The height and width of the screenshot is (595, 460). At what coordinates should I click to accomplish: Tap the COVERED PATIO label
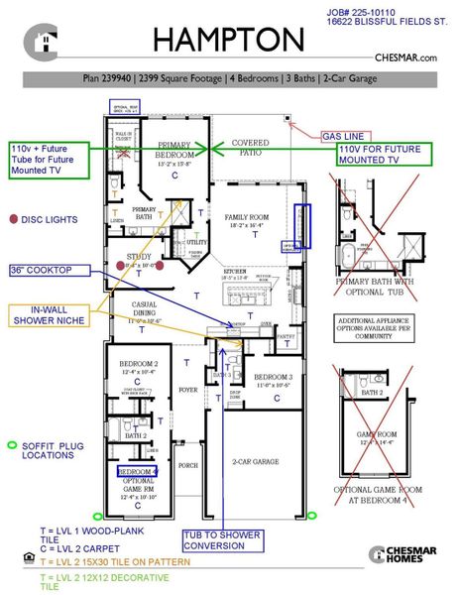(x=250, y=148)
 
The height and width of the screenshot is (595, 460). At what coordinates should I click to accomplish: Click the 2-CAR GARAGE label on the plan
(x=255, y=461)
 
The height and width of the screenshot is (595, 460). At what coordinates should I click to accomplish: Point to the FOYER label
(x=188, y=390)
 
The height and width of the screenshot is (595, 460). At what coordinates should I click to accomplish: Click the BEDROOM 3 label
(x=272, y=379)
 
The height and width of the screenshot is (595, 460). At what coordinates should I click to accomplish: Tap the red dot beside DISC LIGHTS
(x=13, y=219)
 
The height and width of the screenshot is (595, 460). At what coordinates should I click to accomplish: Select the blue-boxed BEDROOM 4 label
(x=137, y=471)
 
